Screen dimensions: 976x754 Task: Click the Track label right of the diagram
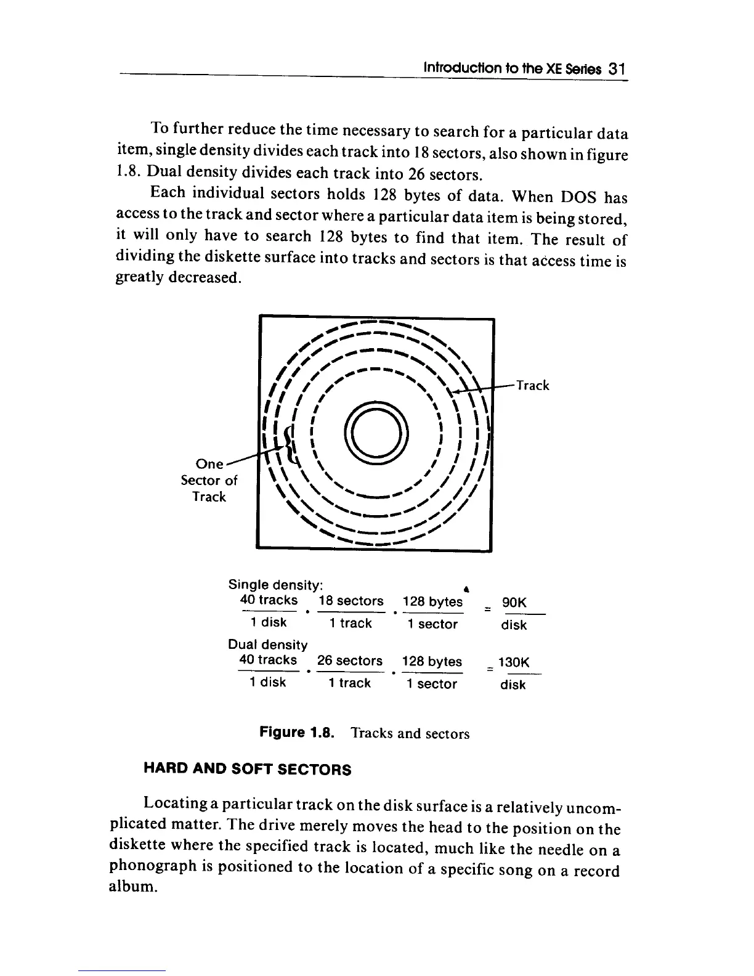click(532, 386)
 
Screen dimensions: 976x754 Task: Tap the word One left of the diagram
click(209, 463)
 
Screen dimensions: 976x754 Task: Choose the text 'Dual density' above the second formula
click(267, 645)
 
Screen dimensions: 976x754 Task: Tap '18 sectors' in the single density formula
click(351, 601)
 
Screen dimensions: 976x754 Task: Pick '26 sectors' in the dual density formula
click(349, 661)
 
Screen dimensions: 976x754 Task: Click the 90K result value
click(514, 603)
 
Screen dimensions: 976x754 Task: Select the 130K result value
click(514, 663)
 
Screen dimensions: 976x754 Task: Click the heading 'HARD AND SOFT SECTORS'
click(247, 770)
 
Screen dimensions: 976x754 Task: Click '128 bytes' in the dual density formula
click(431, 662)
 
